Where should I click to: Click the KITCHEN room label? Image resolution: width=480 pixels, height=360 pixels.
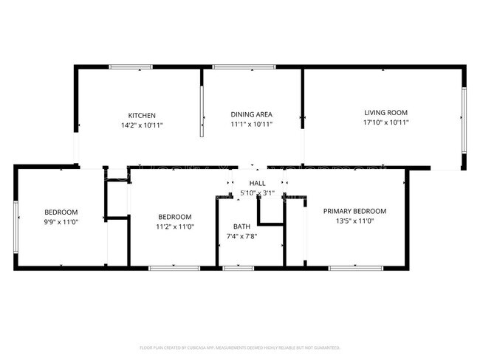142,115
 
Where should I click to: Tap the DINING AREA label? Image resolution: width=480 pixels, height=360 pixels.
252,114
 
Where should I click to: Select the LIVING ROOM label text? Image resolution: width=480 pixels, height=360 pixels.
385,113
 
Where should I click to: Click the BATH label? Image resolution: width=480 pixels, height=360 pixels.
241,226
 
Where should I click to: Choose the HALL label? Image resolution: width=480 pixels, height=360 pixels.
257,183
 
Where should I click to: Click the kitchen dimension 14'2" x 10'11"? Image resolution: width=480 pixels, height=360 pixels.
142,125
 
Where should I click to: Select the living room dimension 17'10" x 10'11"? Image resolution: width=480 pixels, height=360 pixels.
385,123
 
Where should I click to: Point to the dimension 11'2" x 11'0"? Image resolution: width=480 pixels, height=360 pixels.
175,227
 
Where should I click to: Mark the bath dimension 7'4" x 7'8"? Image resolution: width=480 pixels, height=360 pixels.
241,237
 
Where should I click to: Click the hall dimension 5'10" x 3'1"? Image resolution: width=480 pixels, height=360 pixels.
257,193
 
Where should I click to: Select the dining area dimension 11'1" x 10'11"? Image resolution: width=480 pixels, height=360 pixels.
252,125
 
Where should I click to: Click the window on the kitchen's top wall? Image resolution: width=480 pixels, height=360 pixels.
131,67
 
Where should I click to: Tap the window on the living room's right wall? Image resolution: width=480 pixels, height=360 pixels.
464,118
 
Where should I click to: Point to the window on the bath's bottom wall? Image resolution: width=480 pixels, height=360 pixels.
239,268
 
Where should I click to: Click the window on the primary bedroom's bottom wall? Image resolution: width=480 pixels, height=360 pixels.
349,268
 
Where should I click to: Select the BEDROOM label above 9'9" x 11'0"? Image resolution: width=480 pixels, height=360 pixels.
61,212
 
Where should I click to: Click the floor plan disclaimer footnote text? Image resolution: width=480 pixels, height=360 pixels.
240,347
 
